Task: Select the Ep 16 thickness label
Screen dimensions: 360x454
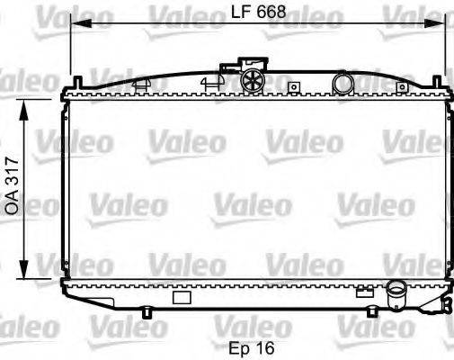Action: [x=252, y=346]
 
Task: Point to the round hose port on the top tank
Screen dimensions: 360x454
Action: [x=343, y=83]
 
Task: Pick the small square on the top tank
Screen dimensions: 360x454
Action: [x=293, y=87]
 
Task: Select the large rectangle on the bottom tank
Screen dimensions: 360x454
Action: [x=182, y=297]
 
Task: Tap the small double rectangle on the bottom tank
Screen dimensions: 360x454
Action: [x=364, y=291]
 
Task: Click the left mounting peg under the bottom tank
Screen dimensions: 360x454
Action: [x=147, y=313]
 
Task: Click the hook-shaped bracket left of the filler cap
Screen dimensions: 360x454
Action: [x=209, y=81]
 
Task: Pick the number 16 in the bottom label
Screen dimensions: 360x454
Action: [x=263, y=346]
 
